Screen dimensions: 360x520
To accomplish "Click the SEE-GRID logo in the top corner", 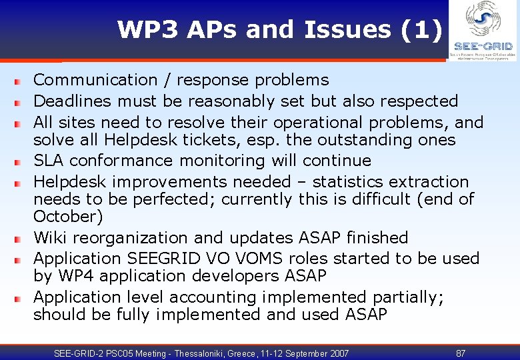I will (x=483, y=30).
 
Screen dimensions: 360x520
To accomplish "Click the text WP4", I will (x=75, y=276).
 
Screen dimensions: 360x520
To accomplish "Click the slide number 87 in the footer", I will (x=461, y=353).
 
